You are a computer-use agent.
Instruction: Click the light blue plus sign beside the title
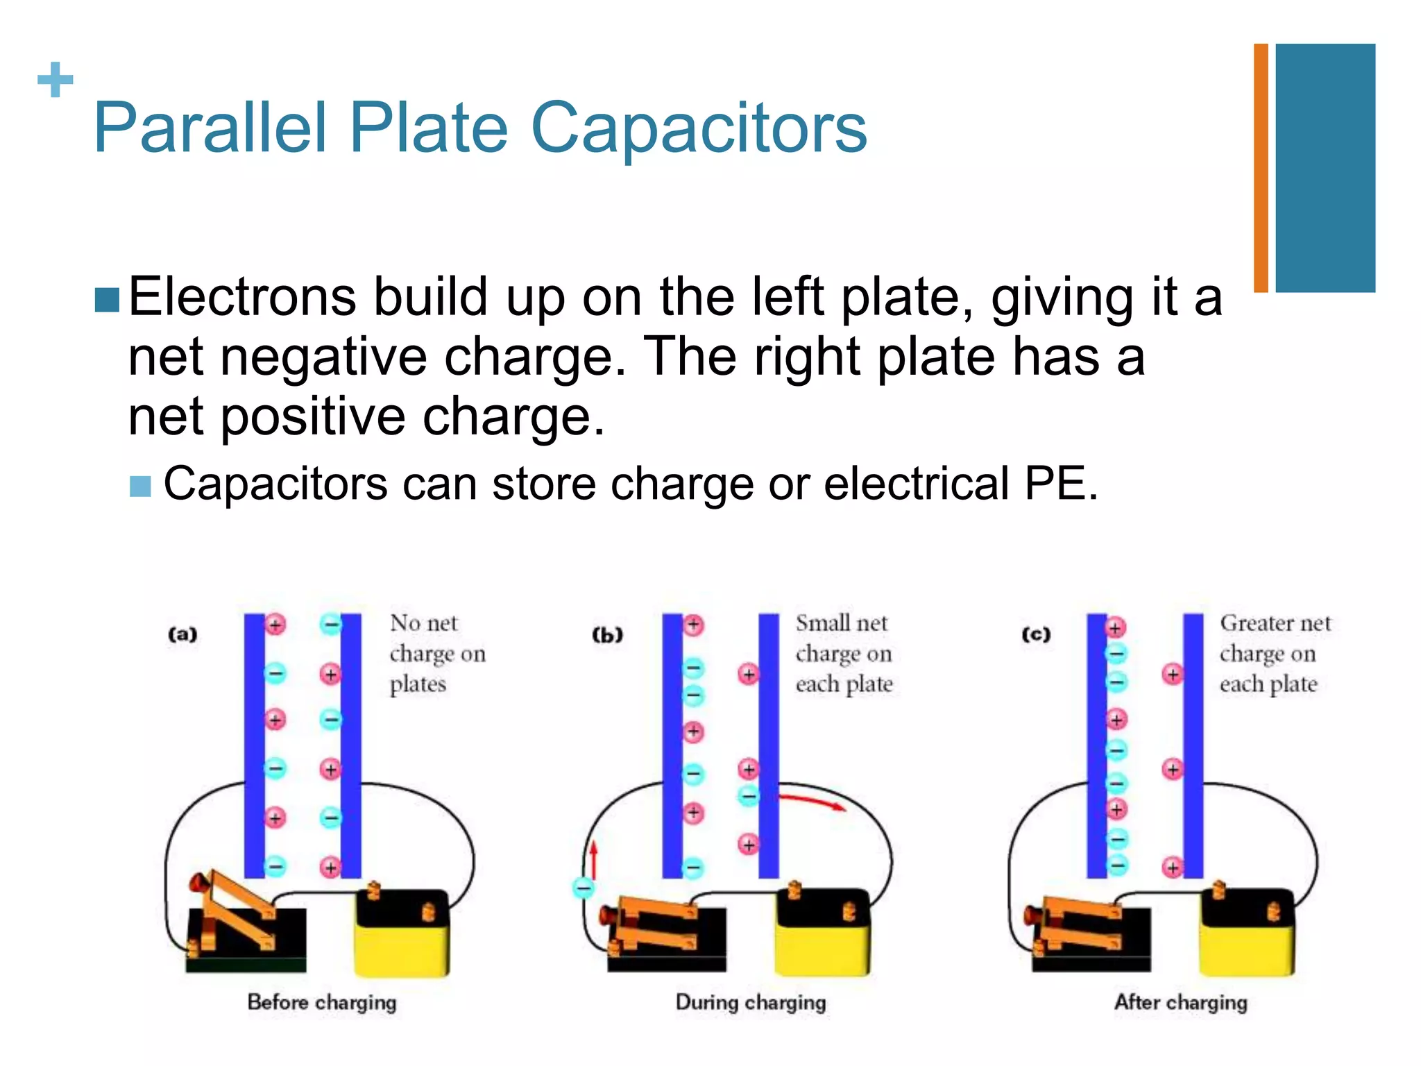(55, 80)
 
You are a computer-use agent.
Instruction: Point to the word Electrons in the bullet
(242, 297)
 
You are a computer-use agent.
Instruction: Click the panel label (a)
(182, 634)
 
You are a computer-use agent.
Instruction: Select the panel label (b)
(607, 634)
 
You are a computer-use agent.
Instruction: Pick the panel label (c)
(1036, 634)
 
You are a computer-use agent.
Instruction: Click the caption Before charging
(322, 1002)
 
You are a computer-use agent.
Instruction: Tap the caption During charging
(751, 1002)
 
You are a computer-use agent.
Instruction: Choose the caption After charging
(1180, 1002)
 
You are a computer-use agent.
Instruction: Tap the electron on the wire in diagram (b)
(583, 887)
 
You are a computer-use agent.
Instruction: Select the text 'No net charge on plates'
(437, 653)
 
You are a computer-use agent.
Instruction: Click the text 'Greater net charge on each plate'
(1275, 653)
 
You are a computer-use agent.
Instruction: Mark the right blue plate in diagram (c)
(1193, 746)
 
